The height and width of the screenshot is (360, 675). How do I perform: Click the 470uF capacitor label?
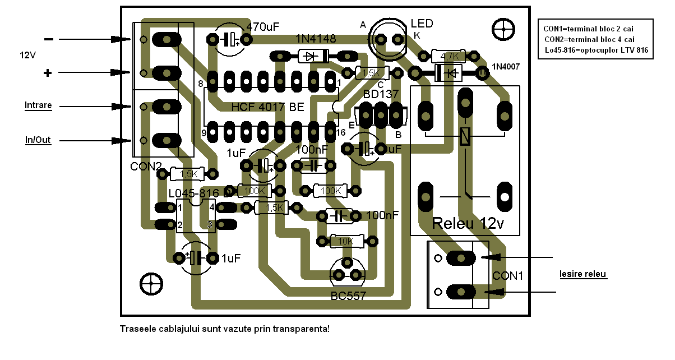tap(262, 26)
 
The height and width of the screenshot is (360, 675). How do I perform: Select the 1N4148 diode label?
tap(316, 39)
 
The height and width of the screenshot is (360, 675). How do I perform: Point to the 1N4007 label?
tap(506, 67)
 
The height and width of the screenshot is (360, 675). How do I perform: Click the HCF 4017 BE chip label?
tap(268, 107)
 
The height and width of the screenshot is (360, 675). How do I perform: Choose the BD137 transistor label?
tap(381, 94)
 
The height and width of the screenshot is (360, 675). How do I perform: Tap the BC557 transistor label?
tap(348, 296)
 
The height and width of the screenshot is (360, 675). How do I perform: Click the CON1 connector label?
tap(507, 276)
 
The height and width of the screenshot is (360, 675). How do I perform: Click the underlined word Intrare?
tap(38, 105)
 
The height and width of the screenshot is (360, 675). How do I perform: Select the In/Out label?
tap(38, 140)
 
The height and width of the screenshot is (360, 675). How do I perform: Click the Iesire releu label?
tap(583, 274)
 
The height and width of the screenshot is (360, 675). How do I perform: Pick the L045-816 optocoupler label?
tap(193, 193)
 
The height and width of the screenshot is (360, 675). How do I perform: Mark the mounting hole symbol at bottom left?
tap(151, 284)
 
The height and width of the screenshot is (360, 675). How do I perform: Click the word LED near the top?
tap(422, 24)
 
